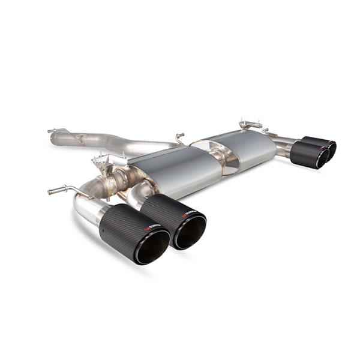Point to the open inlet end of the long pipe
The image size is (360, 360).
pyautogui.click(x=55, y=139)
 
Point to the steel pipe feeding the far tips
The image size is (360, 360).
pyautogui.click(x=282, y=147)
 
